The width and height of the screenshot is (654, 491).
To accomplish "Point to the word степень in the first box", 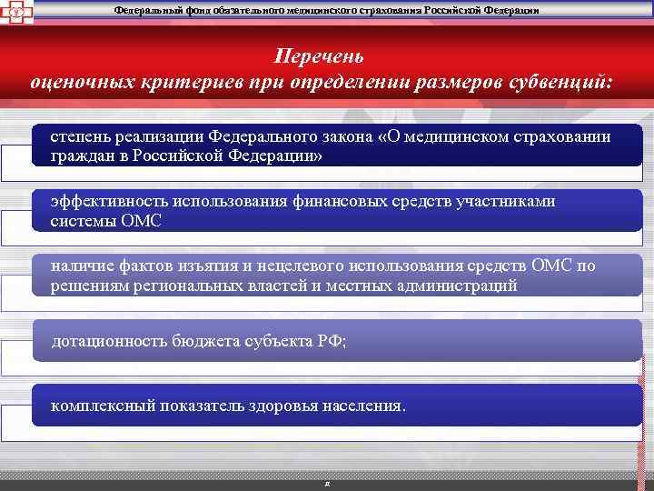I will click(79, 135).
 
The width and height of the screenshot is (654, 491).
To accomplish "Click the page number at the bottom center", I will click(326, 483).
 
